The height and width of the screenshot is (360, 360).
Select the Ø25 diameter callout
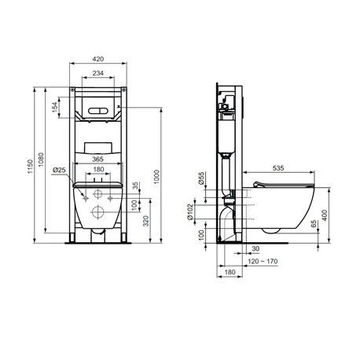[x=59, y=170]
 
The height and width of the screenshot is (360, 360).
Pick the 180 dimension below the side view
[x=229, y=272]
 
